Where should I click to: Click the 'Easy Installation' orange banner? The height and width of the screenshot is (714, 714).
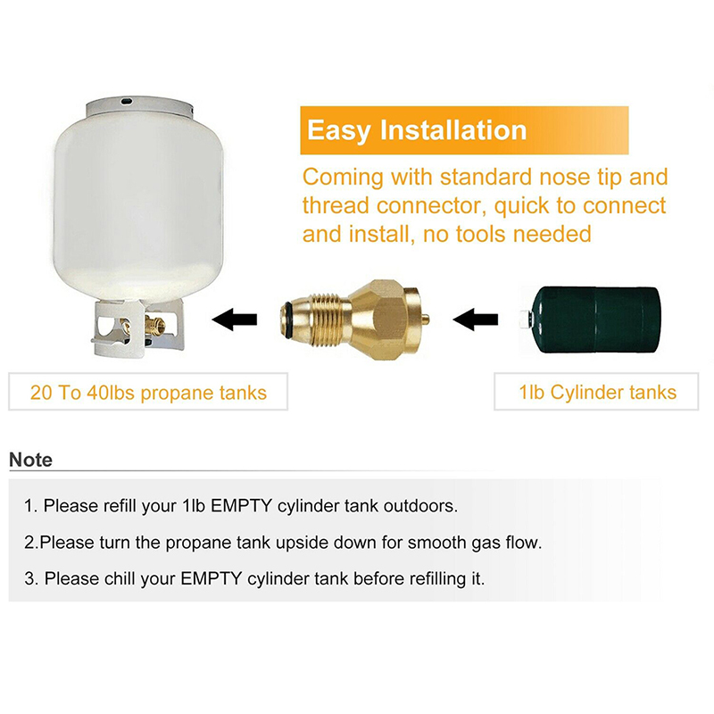(464, 130)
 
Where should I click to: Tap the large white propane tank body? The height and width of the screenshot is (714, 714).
(138, 205)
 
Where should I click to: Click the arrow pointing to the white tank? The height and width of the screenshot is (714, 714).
(235, 320)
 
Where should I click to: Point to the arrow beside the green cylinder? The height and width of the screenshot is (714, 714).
(476, 320)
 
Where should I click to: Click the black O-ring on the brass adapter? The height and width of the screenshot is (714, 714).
(286, 319)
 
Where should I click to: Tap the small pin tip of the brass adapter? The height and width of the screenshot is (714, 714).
(426, 320)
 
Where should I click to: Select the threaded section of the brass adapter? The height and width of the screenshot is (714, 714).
(325, 318)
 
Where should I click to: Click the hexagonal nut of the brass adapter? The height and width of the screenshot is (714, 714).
(382, 320)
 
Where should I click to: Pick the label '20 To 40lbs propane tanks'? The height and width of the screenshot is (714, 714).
(148, 392)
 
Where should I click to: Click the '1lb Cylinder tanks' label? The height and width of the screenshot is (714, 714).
(597, 392)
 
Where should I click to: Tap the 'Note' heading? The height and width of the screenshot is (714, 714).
(30, 460)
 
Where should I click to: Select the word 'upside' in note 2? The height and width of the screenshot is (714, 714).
(302, 543)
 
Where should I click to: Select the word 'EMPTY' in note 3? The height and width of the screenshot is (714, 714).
(212, 578)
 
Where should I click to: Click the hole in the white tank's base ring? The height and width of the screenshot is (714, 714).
(126, 100)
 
